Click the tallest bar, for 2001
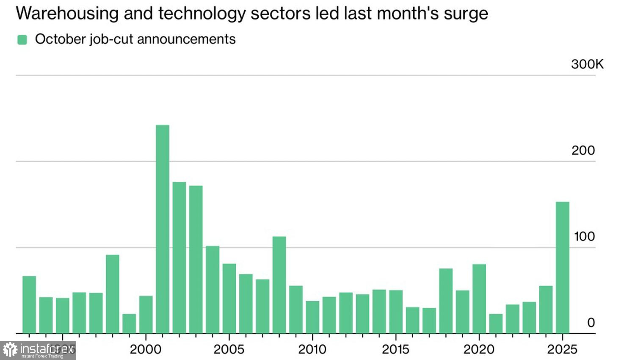coord(163,229)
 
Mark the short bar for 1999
coord(129,324)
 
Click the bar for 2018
coord(446,301)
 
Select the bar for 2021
coord(496,324)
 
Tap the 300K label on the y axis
coord(587,64)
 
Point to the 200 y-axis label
coord(583,150)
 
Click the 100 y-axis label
coord(584,236)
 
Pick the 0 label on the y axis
coord(591,323)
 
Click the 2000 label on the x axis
coord(146,349)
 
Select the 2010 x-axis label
coord(312,349)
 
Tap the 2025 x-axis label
coord(562,349)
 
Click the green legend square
coord(22,40)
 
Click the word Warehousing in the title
coord(67,14)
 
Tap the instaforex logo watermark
coord(38,350)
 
